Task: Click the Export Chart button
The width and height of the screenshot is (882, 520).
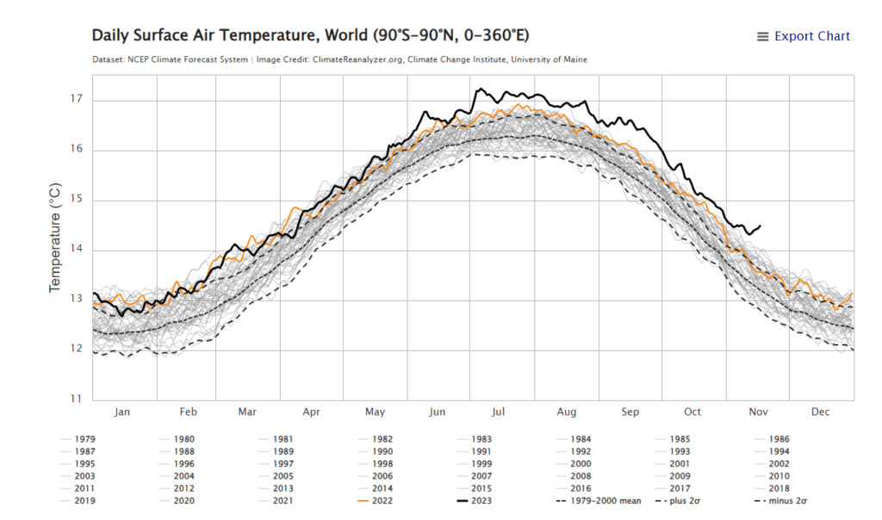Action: (803, 36)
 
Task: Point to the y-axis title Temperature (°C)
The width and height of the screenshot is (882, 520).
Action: (55, 237)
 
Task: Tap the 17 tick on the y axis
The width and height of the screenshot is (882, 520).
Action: (77, 100)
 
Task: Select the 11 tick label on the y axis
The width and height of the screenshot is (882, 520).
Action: (77, 399)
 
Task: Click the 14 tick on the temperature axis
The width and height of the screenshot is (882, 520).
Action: (77, 250)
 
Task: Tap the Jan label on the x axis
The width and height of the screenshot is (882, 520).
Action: (123, 412)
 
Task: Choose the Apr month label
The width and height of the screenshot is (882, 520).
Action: (312, 412)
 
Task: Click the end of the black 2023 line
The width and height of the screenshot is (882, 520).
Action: (760, 226)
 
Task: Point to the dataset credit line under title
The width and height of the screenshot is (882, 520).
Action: (339, 59)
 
